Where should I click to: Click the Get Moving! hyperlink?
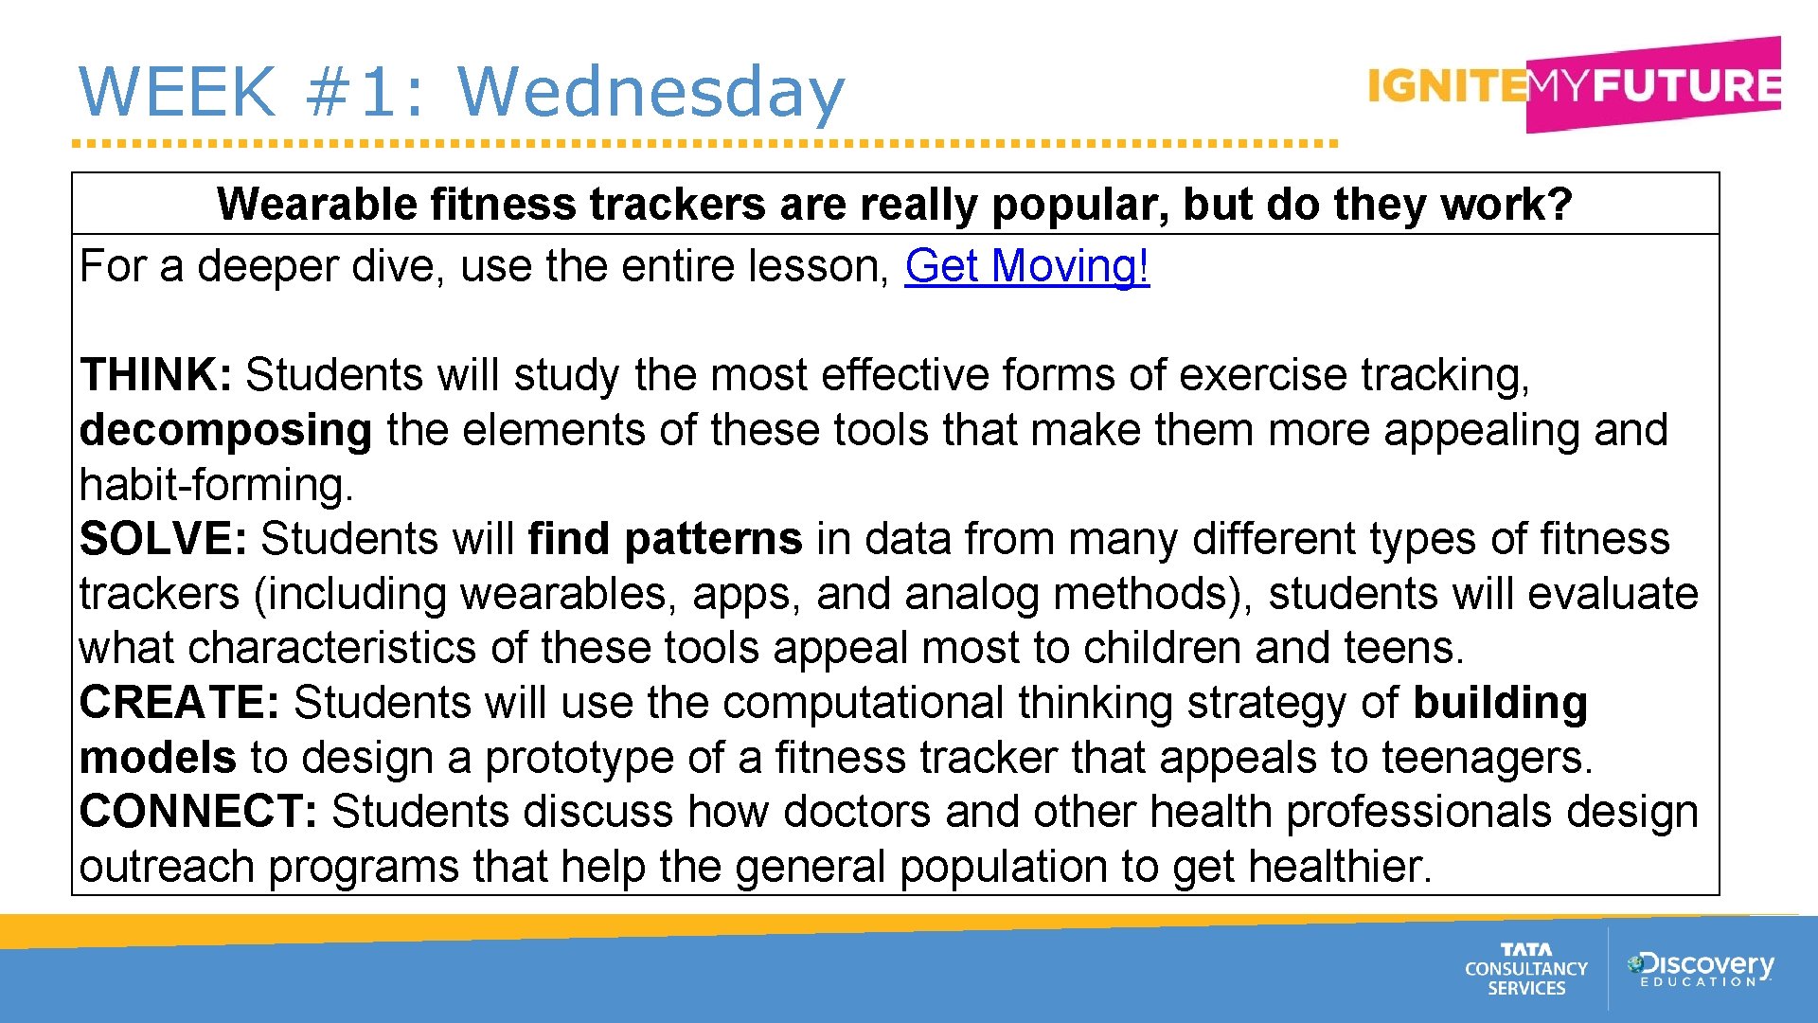click(1026, 267)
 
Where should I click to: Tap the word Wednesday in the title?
click(651, 92)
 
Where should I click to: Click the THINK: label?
click(155, 375)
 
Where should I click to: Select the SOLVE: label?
click(163, 539)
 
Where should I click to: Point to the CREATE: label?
click(179, 703)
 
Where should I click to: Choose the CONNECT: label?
click(198, 812)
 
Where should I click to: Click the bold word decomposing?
click(225, 431)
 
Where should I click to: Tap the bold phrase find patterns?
click(665, 539)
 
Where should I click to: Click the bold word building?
click(1500, 703)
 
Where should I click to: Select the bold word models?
click(157, 758)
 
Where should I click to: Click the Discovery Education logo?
click(1701, 969)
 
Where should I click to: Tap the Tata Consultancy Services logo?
click(1525, 969)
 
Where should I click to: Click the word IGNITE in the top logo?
click(1446, 86)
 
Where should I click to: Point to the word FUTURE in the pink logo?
click(1685, 86)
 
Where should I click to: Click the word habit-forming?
click(216, 486)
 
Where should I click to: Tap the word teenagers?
click(1487, 758)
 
